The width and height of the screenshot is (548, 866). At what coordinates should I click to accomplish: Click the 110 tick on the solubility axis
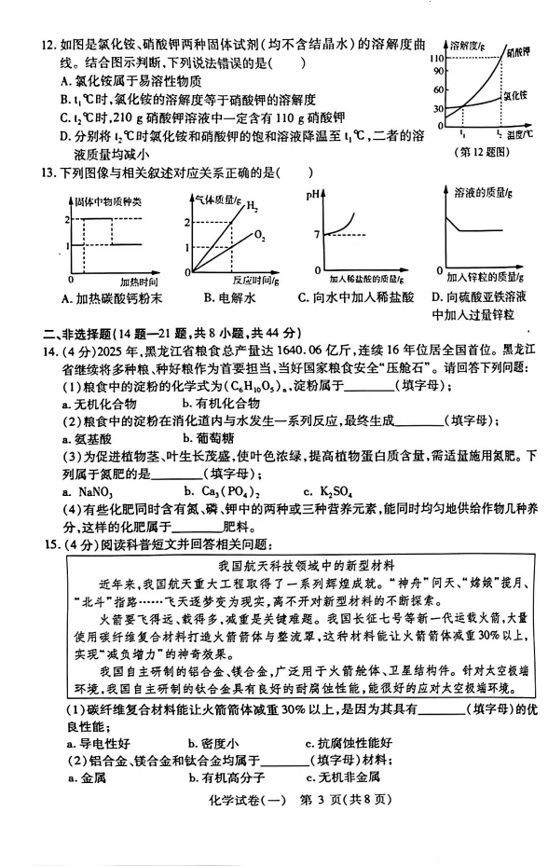(x=435, y=59)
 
